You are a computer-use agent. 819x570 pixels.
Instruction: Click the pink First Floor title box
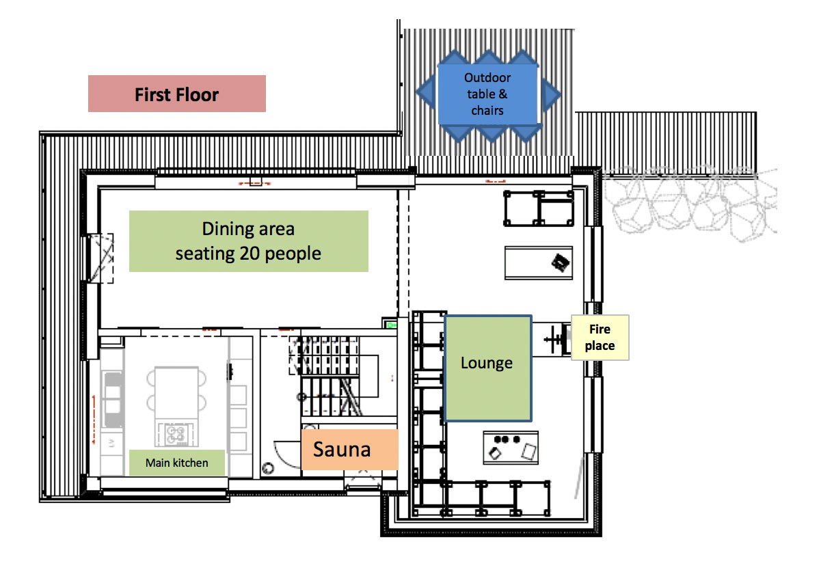tap(176, 94)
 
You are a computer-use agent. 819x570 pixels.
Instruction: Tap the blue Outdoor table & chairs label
tap(487, 94)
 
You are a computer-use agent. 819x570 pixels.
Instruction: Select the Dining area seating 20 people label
tap(249, 241)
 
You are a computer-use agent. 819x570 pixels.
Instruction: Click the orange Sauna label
tap(349, 450)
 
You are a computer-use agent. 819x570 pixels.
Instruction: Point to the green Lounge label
tap(488, 368)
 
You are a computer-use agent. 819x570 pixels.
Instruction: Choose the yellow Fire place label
tap(600, 337)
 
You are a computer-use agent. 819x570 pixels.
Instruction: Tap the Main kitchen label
tap(176, 463)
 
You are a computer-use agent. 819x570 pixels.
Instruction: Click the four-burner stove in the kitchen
tap(176, 434)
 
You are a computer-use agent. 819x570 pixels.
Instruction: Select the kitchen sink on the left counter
tap(113, 399)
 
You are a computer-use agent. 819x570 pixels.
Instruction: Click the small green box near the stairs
tap(390, 324)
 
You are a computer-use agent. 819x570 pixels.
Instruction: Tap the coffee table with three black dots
tap(511, 448)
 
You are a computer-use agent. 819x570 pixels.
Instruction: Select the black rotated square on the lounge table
tap(561, 262)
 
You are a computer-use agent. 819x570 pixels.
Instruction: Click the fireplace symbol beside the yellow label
tap(555, 340)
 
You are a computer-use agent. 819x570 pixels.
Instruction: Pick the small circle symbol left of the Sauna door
tap(268, 468)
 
